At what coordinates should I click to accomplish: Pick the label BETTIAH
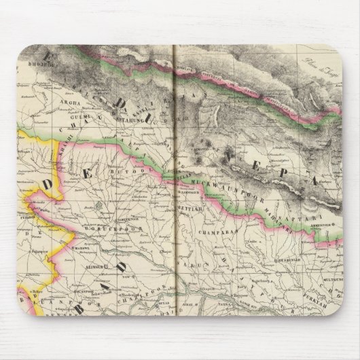[x=191, y=210]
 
